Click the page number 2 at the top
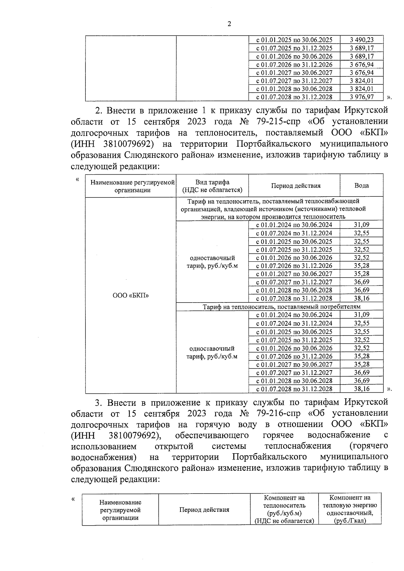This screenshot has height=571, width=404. [229, 24]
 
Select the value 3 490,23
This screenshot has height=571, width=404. [362, 40]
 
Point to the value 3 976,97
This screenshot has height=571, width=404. [362, 97]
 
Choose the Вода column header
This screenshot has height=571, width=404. [362, 186]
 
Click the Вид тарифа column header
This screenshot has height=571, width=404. [212, 186]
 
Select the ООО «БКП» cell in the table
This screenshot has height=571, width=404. [131, 295]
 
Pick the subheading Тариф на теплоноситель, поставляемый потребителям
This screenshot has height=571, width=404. [281, 307]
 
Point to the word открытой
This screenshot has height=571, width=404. [174, 446]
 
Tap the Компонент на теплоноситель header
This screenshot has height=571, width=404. [284, 509]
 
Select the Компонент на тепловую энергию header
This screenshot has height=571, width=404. [349, 509]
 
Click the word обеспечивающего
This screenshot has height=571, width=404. [212, 435]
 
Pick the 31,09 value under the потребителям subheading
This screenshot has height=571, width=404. [362, 315]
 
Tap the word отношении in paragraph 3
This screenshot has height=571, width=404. [300, 424]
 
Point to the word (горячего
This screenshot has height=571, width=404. [369, 446]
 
